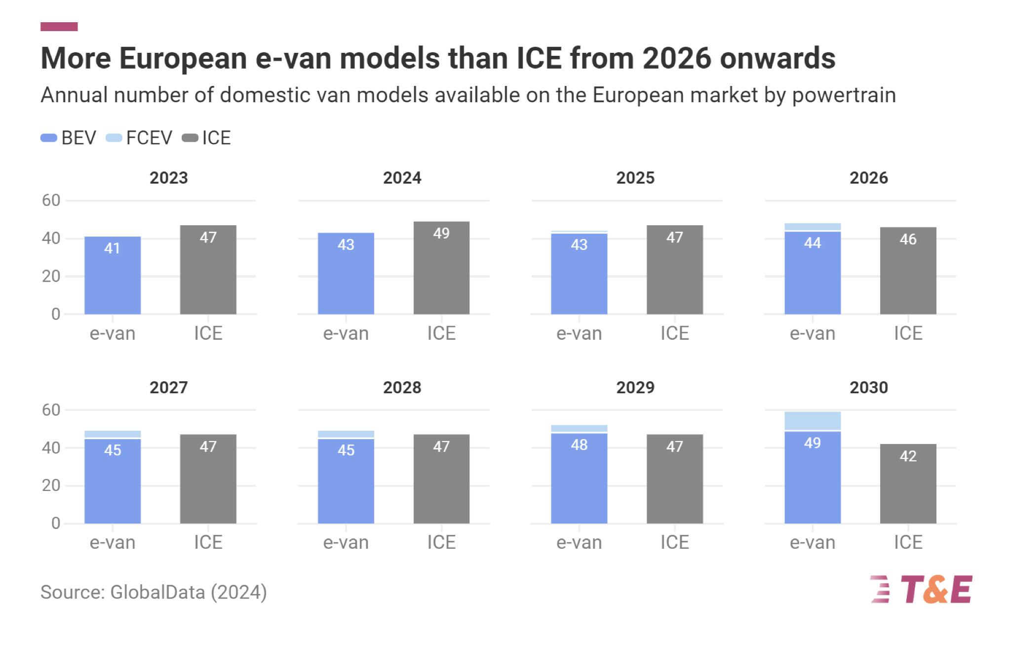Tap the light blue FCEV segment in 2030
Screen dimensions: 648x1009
click(x=813, y=421)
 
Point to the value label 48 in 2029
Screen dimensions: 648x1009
click(x=579, y=445)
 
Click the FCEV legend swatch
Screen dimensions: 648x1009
click(x=114, y=138)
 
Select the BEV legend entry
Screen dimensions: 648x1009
click(x=69, y=138)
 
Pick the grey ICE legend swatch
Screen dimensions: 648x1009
click(x=190, y=138)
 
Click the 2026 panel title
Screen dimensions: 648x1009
click(x=868, y=178)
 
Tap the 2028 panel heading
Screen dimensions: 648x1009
click(x=402, y=387)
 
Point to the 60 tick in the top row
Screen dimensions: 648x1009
click(x=51, y=201)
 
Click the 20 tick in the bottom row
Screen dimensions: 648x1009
click(x=51, y=486)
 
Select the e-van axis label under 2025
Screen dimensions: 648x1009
click(x=579, y=333)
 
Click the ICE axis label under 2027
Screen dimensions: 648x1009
click(x=208, y=542)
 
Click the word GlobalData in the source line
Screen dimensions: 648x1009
click(x=157, y=592)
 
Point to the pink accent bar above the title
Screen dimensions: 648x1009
click(x=59, y=27)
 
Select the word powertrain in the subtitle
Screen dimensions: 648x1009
click(x=844, y=95)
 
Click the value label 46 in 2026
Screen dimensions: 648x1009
click(x=908, y=240)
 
